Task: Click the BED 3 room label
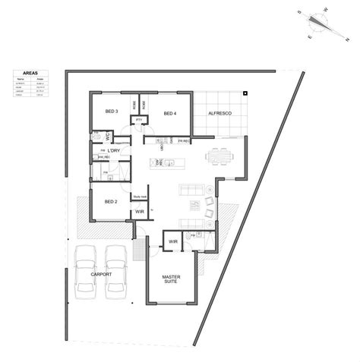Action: [x=112, y=112]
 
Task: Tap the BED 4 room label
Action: [x=169, y=114]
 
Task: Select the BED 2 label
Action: [x=110, y=202]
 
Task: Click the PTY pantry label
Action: [x=140, y=120]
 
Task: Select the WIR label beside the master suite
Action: [x=172, y=241]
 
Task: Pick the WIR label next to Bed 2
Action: [x=139, y=212]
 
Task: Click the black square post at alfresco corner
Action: [x=245, y=93]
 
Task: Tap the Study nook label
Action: [x=139, y=196]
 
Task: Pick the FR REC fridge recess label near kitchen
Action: [x=184, y=140]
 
